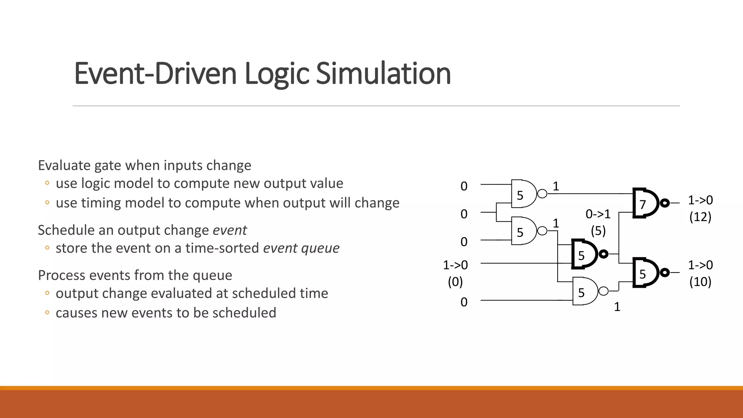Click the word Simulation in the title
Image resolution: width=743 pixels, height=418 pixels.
click(x=383, y=74)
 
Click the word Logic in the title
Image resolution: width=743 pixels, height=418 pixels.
click(x=276, y=74)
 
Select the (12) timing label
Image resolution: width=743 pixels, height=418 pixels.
click(x=700, y=217)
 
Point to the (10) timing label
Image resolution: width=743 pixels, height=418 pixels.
click(x=700, y=282)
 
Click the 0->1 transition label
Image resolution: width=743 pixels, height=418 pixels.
click(x=598, y=214)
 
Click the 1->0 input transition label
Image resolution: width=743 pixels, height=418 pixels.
click(x=455, y=265)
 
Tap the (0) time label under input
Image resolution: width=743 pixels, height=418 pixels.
click(x=455, y=282)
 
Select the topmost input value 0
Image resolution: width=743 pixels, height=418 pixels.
click(x=464, y=186)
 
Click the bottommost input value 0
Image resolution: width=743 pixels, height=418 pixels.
click(x=464, y=302)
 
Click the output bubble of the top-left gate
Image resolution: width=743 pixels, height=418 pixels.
click(x=542, y=194)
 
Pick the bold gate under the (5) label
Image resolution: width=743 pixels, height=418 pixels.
click(x=584, y=254)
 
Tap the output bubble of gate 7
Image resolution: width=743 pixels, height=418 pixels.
click(x=665, y=203)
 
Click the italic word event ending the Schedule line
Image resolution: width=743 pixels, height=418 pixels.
click(x=230, y=230)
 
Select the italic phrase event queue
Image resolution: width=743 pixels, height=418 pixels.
click(x=301, y=248)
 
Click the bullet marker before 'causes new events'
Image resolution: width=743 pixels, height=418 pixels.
click(x=47, y=312)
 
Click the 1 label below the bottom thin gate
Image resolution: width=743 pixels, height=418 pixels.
click(x=617, y=307)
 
